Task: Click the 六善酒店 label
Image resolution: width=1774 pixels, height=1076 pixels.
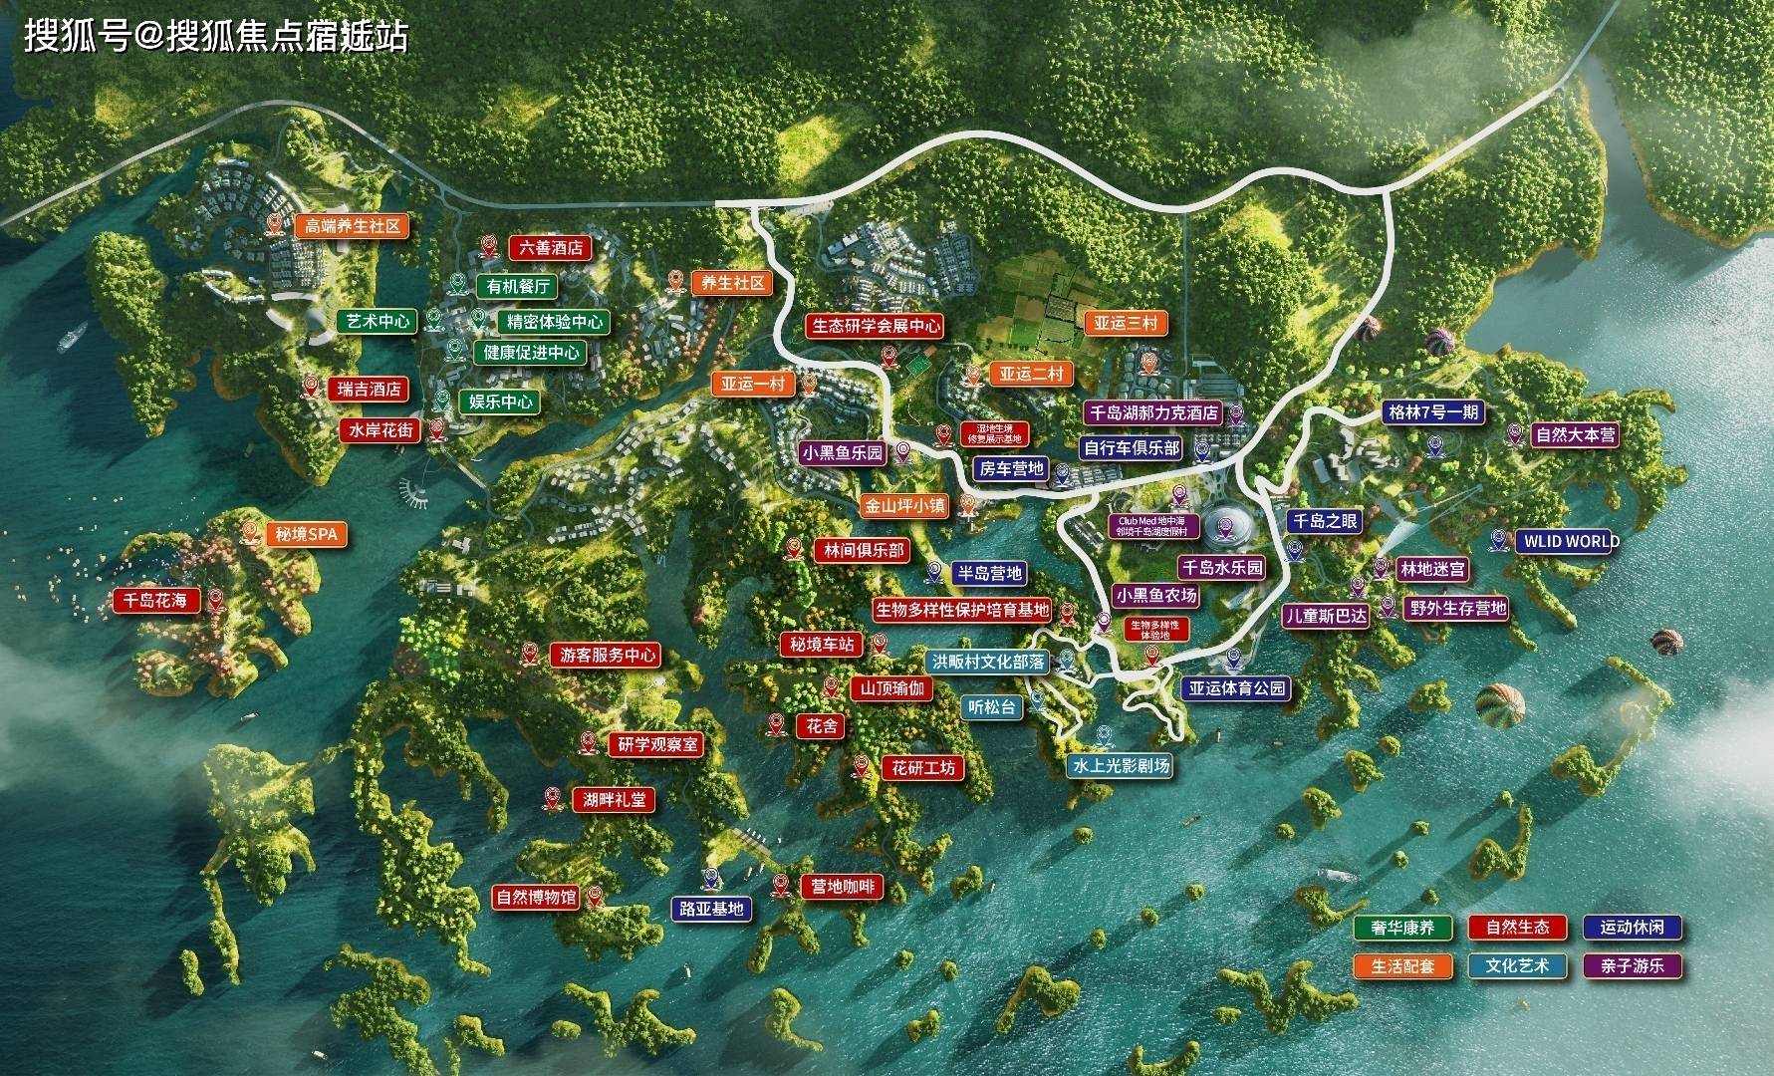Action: click(551, 247)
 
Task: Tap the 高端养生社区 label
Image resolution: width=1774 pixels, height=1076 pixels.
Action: click(352, 226)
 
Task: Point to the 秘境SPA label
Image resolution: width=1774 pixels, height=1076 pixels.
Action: click(307, 535)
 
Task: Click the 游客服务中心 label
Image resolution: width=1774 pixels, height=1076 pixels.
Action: click(608, 656)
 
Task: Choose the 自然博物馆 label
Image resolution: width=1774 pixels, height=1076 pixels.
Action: click(536, 897)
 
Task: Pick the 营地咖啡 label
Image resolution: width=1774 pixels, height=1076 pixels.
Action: click(842, 887)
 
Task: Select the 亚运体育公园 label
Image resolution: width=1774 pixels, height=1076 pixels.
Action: click(1236, 688)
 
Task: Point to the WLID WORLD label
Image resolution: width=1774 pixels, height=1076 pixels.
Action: click(1569, 542)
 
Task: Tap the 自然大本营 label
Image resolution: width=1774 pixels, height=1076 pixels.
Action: click(1575, 435)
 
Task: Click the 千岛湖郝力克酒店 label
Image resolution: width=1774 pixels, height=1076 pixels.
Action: click(1151, 412)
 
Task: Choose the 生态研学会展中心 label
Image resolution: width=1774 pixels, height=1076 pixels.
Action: click(875, 326)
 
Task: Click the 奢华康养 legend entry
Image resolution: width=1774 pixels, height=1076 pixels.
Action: click(1402, 928)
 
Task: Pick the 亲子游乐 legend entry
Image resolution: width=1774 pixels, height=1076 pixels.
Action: click(1632, 965)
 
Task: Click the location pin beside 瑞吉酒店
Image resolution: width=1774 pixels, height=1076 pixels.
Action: click(310, 387)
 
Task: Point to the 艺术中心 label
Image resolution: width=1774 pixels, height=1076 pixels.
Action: click(378, 322)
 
